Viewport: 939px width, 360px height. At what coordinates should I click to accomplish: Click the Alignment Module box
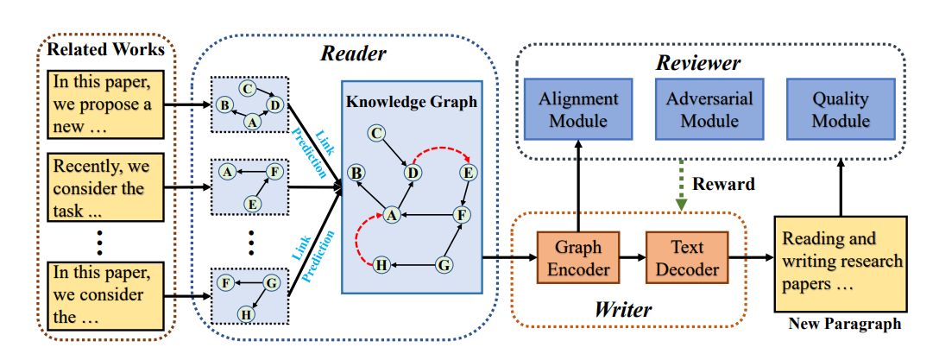[x=578, y=110]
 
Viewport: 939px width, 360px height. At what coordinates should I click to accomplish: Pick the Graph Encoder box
[x=578, y=257]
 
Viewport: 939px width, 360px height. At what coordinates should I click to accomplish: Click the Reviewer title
[x=697, y=63]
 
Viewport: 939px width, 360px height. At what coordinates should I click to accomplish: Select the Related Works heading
[x=105, y=49]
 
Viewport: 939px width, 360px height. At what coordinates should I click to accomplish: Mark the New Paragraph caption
[x=845, y=324]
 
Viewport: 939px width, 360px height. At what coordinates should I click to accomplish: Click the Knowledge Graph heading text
[x=411, y=101]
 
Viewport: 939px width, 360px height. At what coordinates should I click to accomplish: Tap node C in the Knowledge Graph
[x=375, y=134]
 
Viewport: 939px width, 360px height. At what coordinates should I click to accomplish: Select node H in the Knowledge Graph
[x=381, y=265]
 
